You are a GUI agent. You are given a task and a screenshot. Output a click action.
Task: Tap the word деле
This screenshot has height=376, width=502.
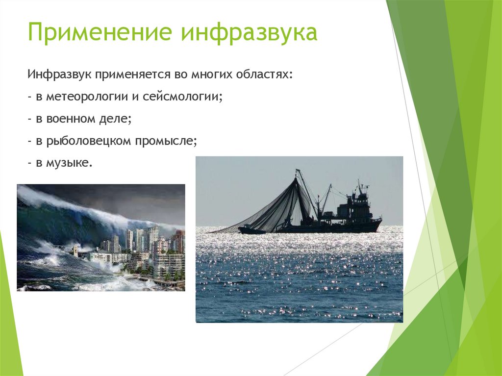click(115, 119)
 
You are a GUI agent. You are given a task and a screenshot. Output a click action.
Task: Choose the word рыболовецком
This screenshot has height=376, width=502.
click(89, 141)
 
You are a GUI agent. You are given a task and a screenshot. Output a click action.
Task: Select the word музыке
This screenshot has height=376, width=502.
click(69, 163)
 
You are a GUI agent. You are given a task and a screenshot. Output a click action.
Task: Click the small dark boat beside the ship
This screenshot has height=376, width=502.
click(251, 230)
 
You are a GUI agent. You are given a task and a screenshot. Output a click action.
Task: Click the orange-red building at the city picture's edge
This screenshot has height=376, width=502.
click(179, 242)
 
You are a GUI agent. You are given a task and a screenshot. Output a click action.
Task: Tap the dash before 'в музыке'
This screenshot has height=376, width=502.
click(30, 163)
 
